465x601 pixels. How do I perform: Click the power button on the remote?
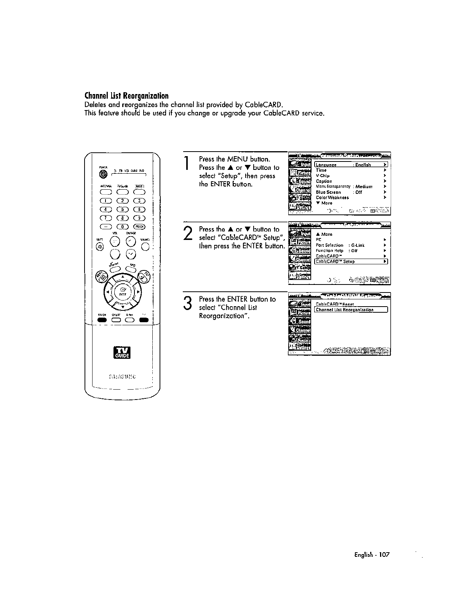102,174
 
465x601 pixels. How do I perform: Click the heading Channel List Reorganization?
126,95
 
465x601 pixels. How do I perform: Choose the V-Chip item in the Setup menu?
323,176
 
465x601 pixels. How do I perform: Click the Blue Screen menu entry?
328,192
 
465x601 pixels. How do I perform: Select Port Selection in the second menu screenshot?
329,245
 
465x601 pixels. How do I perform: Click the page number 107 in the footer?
385,555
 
